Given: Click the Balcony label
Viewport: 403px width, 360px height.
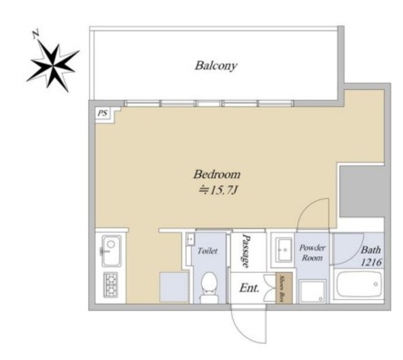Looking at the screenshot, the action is click(215, 65).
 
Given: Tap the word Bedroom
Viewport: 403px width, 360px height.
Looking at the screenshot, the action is click(217, 174).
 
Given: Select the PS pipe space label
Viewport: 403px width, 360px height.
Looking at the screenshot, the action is click(102, 113).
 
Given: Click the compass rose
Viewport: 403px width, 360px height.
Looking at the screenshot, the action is click(53, 66).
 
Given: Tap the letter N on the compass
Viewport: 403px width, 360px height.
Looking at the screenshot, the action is click(36, 34).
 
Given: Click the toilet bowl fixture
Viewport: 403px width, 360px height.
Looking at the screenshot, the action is click(209, 287).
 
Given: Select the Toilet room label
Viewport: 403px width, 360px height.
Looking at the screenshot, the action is click(208, 250).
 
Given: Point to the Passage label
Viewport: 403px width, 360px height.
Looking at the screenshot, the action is click(246, 251).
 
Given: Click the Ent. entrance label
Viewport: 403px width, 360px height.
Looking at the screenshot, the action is click(249, 288).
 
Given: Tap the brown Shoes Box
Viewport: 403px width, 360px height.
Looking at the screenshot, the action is click(284, 288).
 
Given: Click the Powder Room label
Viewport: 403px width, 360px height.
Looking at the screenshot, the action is click(312, 252).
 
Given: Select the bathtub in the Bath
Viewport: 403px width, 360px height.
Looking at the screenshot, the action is click(359, 284).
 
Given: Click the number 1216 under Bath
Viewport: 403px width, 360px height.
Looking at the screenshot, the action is click(371, 262).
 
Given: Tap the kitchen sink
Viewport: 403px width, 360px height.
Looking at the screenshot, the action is click(111, 250).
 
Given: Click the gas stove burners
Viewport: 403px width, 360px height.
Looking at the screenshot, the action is click(111, 284).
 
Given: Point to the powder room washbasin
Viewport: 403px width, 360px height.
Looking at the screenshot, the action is click(283, 249).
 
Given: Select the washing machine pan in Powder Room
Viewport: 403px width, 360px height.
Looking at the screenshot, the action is click(312, 291).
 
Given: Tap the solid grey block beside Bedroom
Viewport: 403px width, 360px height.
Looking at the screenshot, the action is click(362, 191).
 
